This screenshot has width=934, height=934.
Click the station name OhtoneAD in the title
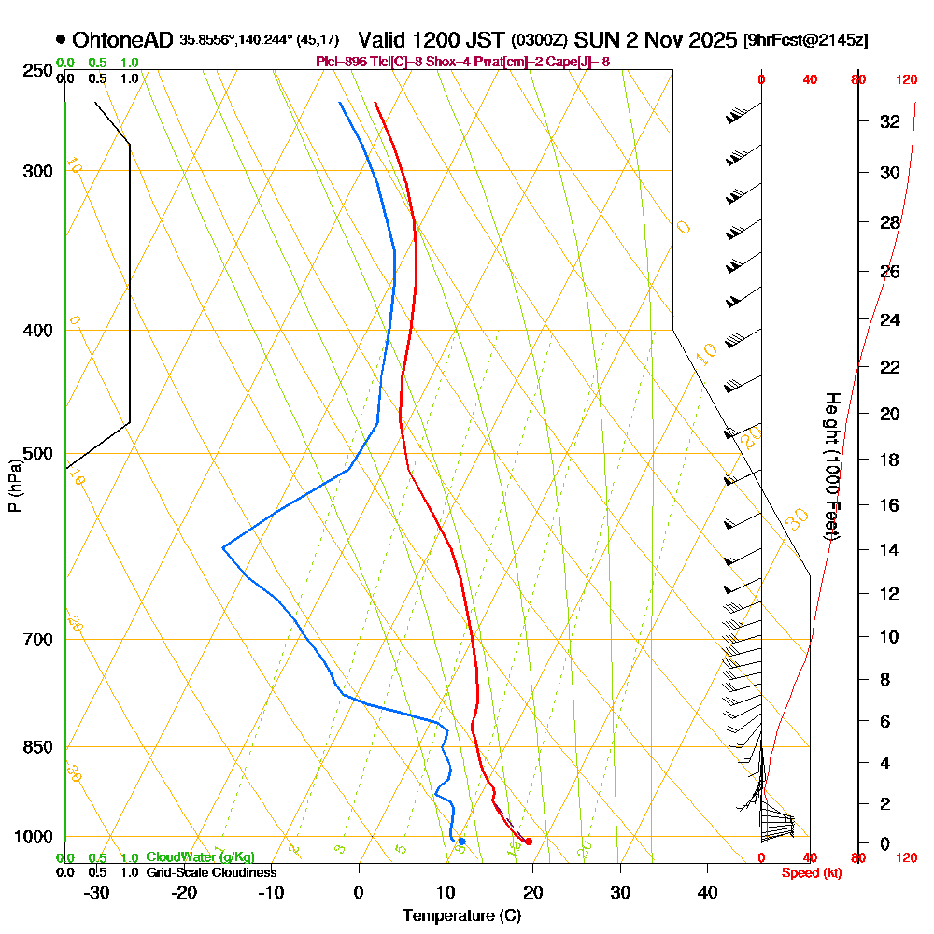[x=122, y=40]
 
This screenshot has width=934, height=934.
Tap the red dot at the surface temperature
[x=529, y=842]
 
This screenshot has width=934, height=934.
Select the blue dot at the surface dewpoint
[x=461, y=842]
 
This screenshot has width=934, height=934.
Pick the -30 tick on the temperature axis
[x=97, y=892]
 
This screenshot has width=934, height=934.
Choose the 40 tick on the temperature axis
[x=707, y=892]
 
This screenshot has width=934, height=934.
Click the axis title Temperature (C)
[x=461, y=916]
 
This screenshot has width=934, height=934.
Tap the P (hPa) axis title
[x=14, y=485]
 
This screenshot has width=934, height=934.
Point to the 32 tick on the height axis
[x=889, y=121]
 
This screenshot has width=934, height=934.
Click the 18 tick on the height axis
[x=889, y=460]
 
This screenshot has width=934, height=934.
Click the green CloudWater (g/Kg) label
[x=200, y=857]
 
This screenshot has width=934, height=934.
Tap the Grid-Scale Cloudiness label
[x=211, y=872]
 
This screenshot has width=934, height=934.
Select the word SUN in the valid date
[x=594, y=40]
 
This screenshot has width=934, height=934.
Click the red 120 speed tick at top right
[x=905, y=79]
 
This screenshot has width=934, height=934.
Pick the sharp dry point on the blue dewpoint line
[x=222, y=547]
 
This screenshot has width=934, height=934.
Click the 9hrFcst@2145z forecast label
[x=805, y=41]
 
